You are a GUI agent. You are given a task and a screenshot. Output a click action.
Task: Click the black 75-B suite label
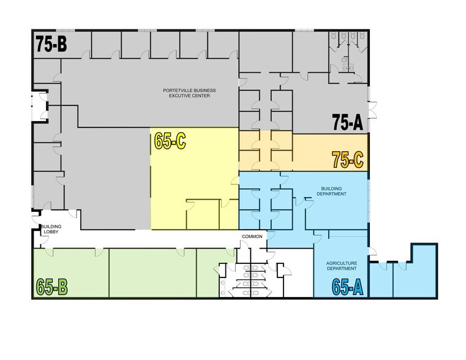(x=51, y=44)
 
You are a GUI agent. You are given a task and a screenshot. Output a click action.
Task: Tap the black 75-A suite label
(x=347, y=122)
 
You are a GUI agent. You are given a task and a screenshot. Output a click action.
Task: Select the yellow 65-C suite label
(x=170, y=141)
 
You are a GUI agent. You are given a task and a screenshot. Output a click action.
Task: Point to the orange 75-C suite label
(x=348, y=160)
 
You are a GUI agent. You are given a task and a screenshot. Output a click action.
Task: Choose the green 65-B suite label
(x=51, y=287)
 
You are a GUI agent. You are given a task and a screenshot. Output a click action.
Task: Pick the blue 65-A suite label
(x=347, y=287)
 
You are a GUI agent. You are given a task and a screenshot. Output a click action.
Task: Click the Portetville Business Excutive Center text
(x=189, y=93)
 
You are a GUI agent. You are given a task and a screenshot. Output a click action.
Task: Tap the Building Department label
(x=331, y=191)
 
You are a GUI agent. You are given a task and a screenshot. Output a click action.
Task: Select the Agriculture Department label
(x=342, y=266)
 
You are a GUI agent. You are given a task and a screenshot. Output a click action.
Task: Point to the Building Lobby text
(x=51, y=229)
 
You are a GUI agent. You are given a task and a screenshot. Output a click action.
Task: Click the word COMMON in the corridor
(x=252, y=236)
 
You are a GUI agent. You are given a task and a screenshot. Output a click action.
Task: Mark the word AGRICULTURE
(x=342, y=263)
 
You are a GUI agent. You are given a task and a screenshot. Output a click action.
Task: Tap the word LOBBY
(x=51, y=231)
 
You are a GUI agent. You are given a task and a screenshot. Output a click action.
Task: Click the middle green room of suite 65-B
(x=152, y=272)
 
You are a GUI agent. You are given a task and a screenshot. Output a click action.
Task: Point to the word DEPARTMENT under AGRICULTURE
(x=342, y=269)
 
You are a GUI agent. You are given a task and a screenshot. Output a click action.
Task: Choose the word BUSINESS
(x=205, y=90)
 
